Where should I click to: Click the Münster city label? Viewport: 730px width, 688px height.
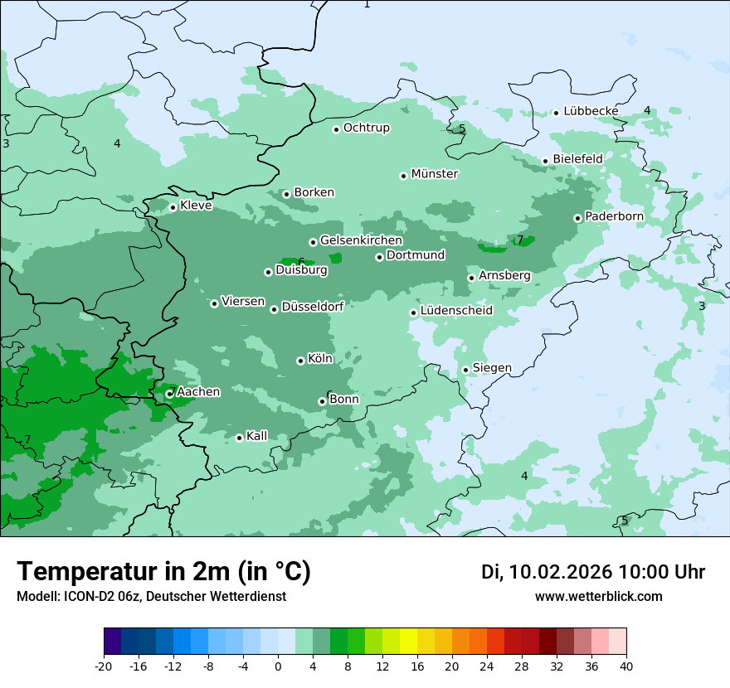(435, 174)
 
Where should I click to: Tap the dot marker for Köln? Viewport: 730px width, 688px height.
(300, 361)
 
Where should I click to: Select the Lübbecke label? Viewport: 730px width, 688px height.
(591, 111)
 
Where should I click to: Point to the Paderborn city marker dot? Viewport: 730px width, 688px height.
(578, 218)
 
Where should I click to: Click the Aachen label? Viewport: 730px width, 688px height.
(198, 392)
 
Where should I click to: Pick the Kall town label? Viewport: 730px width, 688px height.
(257, 436)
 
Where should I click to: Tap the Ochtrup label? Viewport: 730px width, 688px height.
(366, 128)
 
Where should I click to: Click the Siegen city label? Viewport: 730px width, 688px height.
(492, 368)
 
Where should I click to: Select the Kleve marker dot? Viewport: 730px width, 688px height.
(173, 207)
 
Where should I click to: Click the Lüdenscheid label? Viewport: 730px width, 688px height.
(456, 311)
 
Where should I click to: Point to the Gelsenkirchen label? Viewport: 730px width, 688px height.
(361, 240)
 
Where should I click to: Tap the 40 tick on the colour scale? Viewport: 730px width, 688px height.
(626, 666)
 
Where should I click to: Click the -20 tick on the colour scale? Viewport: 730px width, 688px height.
(104, 666)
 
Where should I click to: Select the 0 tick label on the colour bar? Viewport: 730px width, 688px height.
(278, 666)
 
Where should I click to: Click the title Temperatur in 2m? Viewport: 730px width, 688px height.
(163, 572)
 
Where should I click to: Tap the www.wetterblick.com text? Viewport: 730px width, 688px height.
(598, 596)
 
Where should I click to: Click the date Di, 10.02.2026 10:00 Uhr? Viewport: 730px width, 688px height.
(593, 572)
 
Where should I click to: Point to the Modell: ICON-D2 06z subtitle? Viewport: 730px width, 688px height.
(151, 596)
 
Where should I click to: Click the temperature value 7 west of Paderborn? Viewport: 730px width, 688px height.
(520, 240)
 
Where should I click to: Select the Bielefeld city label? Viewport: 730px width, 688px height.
(577, 158)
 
